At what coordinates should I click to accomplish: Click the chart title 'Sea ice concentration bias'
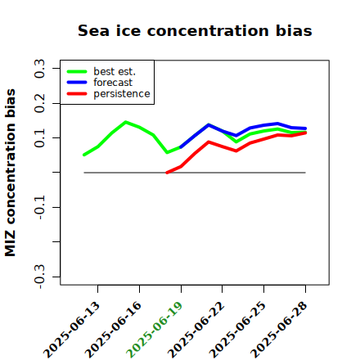pos(195,30)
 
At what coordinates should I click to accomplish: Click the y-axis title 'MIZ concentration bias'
pos(11,173)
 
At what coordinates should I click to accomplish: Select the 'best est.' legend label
pos(115,72)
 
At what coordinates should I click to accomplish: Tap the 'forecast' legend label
pos(113,83)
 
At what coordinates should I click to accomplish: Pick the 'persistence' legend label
pos(122,94)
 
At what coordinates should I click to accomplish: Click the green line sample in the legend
pos(77,72)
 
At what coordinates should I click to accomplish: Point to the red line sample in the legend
pos(77,94)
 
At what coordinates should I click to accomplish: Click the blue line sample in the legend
pos(77,83)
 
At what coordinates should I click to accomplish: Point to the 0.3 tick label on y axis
pos(39,69)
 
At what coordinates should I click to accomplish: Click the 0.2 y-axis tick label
pos(39,103)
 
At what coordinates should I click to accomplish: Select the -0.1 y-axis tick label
pos(39,208)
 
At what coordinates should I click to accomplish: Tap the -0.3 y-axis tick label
pos(39,277)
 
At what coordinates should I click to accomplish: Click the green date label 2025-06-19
pos(155,330)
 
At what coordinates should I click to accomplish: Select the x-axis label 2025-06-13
pos(71,330)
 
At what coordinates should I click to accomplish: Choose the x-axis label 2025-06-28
pos(279,330)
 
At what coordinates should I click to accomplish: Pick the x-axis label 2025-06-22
pos(196,330)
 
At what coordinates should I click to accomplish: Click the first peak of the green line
pos(125,122)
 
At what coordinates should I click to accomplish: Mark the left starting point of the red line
pos(167,173)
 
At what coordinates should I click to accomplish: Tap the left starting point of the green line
pos(84,155)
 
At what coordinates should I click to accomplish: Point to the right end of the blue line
pos(305,128)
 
